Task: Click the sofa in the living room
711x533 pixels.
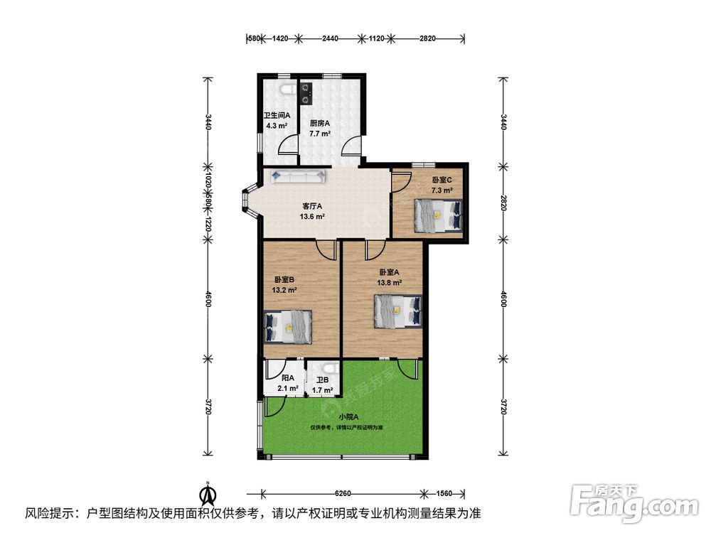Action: point(299,176)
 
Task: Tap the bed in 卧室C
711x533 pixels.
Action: point(439,216)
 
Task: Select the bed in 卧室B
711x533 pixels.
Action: point(288,327)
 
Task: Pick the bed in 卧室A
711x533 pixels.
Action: point(397,311)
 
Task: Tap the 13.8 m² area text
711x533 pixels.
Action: point(390,282)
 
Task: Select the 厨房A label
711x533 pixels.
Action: point(320,123)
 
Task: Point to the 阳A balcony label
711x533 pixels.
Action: point(288,378)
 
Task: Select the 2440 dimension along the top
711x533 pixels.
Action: point(330,38)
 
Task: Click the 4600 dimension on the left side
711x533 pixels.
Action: point(208,298)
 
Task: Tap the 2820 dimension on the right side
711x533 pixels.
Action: point(503,203)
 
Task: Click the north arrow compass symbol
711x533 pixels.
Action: point(208,494)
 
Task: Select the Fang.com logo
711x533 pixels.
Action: point(634,503)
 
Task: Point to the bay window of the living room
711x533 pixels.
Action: point(247,203)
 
